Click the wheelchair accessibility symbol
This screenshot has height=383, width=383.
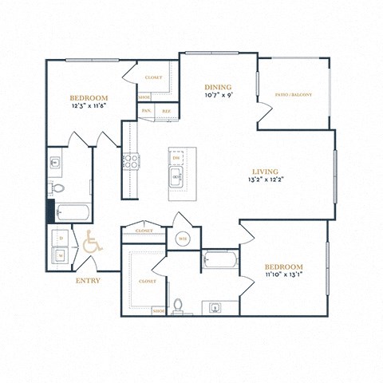[x=89, y=242]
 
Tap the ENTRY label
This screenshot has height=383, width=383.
[x=87, y=281]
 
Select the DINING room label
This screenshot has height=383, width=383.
[x=217, y=87]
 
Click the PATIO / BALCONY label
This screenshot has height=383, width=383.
[x=294, y=95]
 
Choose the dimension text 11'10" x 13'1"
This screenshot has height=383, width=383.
[x=283, y=275]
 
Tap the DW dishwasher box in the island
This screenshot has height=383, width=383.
[x=176, y=159]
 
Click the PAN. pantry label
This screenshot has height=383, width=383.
[x=146, y=111]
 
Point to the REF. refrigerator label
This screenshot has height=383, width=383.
[x=166, y=111]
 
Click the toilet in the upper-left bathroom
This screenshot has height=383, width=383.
[x=58, y=188]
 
